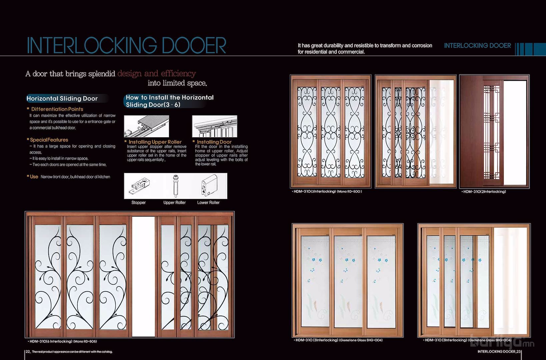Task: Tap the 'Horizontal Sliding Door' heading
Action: click(x=62, y=98)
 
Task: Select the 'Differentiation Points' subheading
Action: click(x=57, y=109)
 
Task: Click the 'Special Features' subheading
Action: click(x=49, y=140)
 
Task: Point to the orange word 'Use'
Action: click(x=34, y=177)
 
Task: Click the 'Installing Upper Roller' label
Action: click(x=155, y=142)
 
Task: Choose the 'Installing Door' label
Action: click(x=214, y=142)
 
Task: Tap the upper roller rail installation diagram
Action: click(x=147, y=126)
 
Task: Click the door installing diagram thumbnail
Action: click(x=215, y=126)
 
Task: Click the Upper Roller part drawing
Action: click(x=175, y=186)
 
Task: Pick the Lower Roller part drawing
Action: click(x=209, y=186)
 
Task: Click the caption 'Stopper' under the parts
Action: click(x=139, y=203)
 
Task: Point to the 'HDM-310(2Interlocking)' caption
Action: click(x=484, y=192)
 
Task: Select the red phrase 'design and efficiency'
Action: click(x=157, y=73)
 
